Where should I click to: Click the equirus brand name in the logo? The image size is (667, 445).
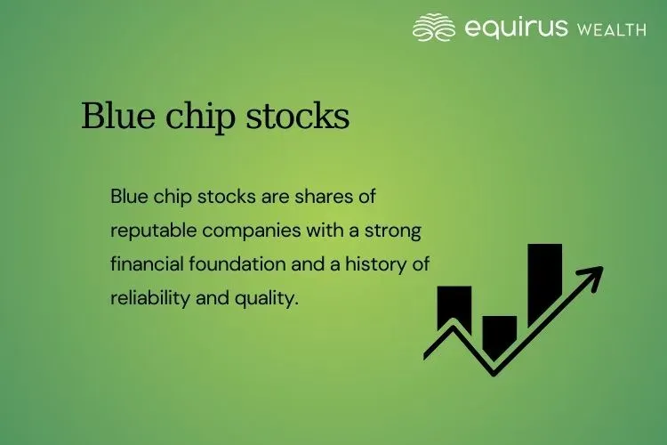515,28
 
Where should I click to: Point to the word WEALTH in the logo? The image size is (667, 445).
611,30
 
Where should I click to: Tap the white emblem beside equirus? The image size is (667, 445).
434,28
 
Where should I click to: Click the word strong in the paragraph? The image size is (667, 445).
395,229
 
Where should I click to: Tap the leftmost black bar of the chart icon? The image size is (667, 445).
454,307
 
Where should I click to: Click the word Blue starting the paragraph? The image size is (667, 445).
130,195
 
